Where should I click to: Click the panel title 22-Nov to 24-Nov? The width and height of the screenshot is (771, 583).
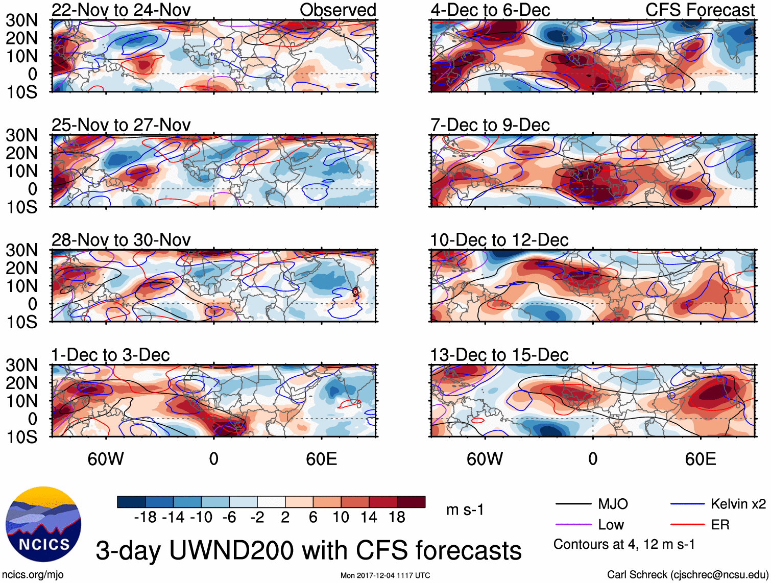click(x=121, y=10)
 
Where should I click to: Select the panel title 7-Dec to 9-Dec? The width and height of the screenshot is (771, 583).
click(x=490, y=125)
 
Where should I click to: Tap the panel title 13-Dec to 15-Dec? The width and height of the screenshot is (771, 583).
click(x=499, y=355)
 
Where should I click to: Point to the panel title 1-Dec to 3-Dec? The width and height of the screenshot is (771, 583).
click(x=110, y=355)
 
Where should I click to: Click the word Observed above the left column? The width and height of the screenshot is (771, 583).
click(x=338, y=10)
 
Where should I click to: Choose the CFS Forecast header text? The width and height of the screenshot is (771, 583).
click(x=700, y=10)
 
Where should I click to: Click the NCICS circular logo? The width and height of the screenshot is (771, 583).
click(x=43, y=524)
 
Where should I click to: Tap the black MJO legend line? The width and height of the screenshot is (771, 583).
click(x=573, y=504)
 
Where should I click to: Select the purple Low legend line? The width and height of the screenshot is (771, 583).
click(x=573, y=525)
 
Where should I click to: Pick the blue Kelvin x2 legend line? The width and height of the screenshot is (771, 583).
click(x=687, y=504)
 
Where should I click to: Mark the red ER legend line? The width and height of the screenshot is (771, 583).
click(x=687, y=525)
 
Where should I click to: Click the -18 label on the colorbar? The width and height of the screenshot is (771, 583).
click(x=146, y=518)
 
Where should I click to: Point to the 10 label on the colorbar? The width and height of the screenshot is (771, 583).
click(x=341, y=518)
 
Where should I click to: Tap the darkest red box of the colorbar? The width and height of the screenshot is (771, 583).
click(x=411, y=502)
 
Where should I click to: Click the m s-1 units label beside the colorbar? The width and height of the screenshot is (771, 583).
click(x=465, y=510)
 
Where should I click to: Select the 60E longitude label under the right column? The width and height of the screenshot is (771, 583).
click(x=700, y=459)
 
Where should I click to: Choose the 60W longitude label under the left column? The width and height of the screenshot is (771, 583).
click(x=106, y=459)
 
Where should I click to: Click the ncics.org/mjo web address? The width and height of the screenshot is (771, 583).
click(x=33, y=575)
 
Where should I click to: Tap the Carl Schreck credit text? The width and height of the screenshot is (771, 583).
click(x=687, y=575)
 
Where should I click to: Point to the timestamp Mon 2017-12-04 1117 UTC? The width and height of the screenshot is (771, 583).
click(x=385, y=576)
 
